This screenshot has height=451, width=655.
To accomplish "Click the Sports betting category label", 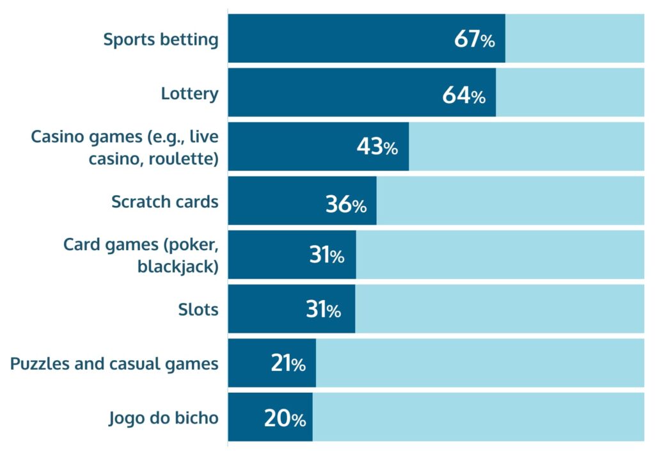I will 161,40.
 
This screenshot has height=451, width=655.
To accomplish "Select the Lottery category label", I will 189,94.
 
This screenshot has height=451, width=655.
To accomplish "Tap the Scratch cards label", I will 164,202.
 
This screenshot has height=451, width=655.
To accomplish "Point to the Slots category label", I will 198,310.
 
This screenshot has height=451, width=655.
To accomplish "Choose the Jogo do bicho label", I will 163,418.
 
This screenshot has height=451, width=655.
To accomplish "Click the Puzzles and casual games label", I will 114,364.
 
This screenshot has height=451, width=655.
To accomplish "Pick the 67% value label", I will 474,40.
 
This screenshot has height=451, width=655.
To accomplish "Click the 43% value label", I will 377,148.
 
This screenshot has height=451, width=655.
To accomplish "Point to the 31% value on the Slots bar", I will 323,310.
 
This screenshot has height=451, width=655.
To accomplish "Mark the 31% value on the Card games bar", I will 326,256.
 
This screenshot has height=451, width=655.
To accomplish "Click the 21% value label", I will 288,365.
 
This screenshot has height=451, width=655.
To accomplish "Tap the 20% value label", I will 285,419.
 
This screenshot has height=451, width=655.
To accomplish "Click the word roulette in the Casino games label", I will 183,157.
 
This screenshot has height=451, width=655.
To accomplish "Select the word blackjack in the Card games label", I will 178,266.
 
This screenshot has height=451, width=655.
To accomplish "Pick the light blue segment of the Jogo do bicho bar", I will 478,417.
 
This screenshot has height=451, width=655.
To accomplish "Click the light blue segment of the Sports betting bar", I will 574,38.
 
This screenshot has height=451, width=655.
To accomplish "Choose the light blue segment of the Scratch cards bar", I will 510,201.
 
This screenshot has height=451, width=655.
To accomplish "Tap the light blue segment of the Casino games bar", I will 526,146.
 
